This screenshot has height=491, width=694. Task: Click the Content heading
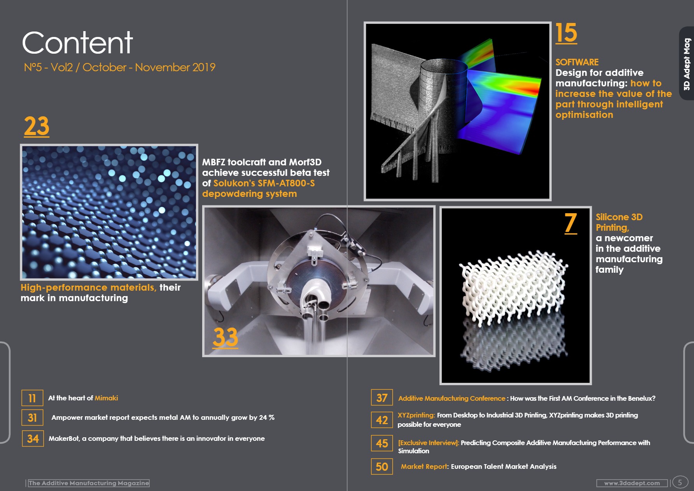click(x=77, y=43)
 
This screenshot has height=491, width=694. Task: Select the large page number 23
click(x=37, y=126)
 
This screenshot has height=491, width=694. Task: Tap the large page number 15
click(x=566, y=33)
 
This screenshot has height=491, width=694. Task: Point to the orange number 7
click(x=571, y=223)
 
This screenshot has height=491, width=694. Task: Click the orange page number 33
click(x=226, y=337)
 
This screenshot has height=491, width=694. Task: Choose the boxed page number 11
click(x=32, y=398)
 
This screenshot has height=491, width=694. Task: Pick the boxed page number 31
click(x=32, y=417)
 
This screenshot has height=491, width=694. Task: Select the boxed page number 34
click(x=33, y=438)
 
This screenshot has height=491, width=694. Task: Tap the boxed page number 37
click(x=382, y=398)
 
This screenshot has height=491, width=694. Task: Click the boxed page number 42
click(x=382, y=420)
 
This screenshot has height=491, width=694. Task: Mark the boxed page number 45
click(x=382, y=443)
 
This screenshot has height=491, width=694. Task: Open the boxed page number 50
click(x=382, y=466)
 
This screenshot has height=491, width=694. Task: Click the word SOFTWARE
click(x=577, y=62)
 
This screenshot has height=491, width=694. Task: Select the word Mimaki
click(x=106, y=398)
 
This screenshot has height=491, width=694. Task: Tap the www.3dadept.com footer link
click(x=632, y=483)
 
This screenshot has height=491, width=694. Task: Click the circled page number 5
click(x=680, y=482)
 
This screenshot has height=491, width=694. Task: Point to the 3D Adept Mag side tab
click(x=687, y=63)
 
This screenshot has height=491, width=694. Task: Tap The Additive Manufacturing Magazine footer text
click(x=89, y=483)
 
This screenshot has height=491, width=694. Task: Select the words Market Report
click(x=424, y=466)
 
